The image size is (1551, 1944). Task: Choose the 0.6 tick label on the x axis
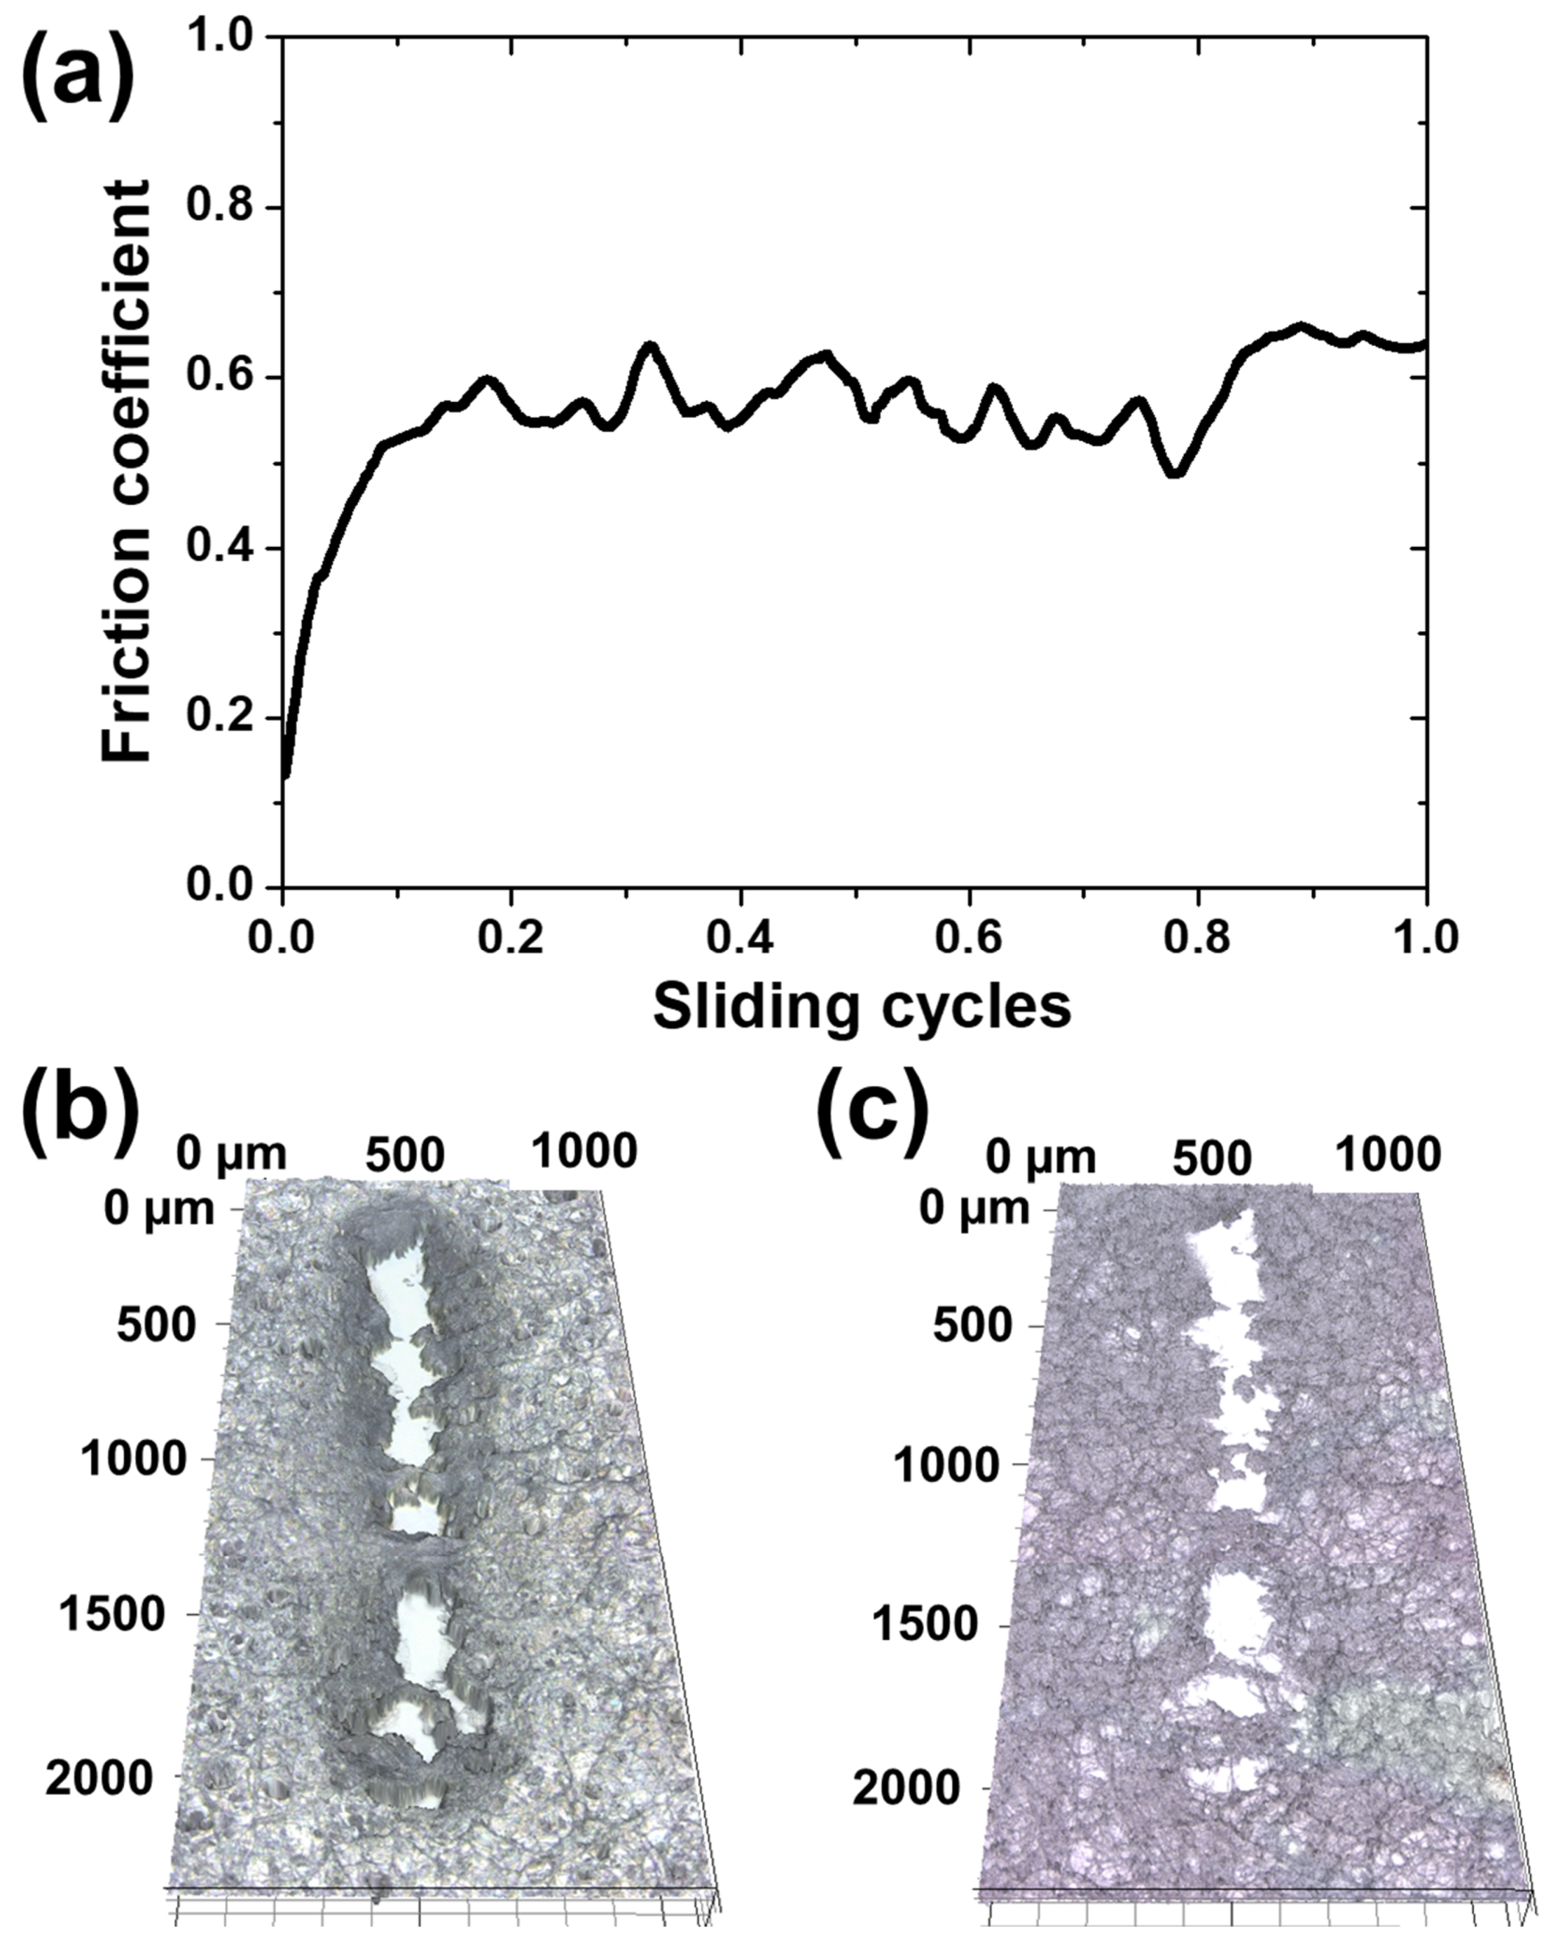[968, 938]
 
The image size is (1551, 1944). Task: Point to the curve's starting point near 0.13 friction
[286, 774]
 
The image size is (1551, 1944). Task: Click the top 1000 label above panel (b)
[583, 1152]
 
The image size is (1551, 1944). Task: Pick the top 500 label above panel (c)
[1212, 1157]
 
